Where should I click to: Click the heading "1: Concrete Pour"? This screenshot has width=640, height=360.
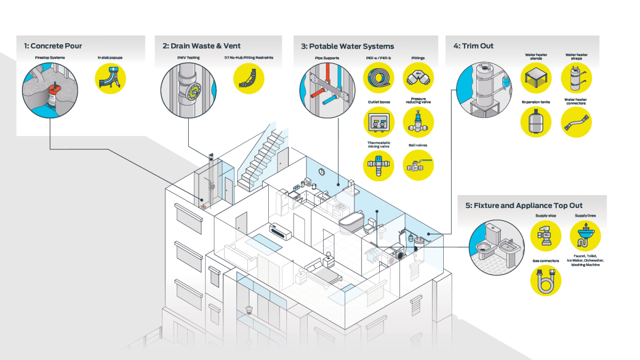click(x=53, y=46)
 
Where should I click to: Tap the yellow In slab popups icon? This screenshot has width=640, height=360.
click(x=110, y=78)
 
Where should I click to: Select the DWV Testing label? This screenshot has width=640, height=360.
click(x=189, y=58)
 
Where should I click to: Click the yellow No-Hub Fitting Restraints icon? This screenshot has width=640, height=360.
click(x=249, y=78)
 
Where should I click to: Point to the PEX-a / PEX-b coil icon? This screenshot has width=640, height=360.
click(x=379, y=78)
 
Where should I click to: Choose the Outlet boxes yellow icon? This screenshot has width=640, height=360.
click(x=379, y=122)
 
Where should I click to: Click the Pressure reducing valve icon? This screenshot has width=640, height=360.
click(x=418, y=122)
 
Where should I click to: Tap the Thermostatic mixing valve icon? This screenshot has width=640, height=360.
click(x=379, y=166)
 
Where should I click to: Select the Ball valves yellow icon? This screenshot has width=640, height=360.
click(x=418, y=165)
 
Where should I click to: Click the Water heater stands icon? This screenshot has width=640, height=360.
click(x=536, y=78)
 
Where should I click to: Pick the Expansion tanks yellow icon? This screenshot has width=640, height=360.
click(x=536, y=122)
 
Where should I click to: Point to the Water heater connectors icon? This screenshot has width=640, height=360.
click(x=577, y=122)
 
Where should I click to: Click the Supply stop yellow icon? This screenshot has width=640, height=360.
click(x=546, y=236)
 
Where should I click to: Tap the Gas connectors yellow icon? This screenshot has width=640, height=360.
click(x=546, y=281)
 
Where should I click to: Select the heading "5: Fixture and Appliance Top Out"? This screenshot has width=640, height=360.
click(x=524, y=206)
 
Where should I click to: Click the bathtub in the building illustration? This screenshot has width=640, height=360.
click(x=351, y=222)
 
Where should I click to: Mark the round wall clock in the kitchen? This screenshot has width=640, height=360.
click(x=322, y=172)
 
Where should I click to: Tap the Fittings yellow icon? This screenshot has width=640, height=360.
click(x=418, y=78)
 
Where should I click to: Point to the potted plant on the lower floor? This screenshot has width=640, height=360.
click(x=249, y=310)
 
